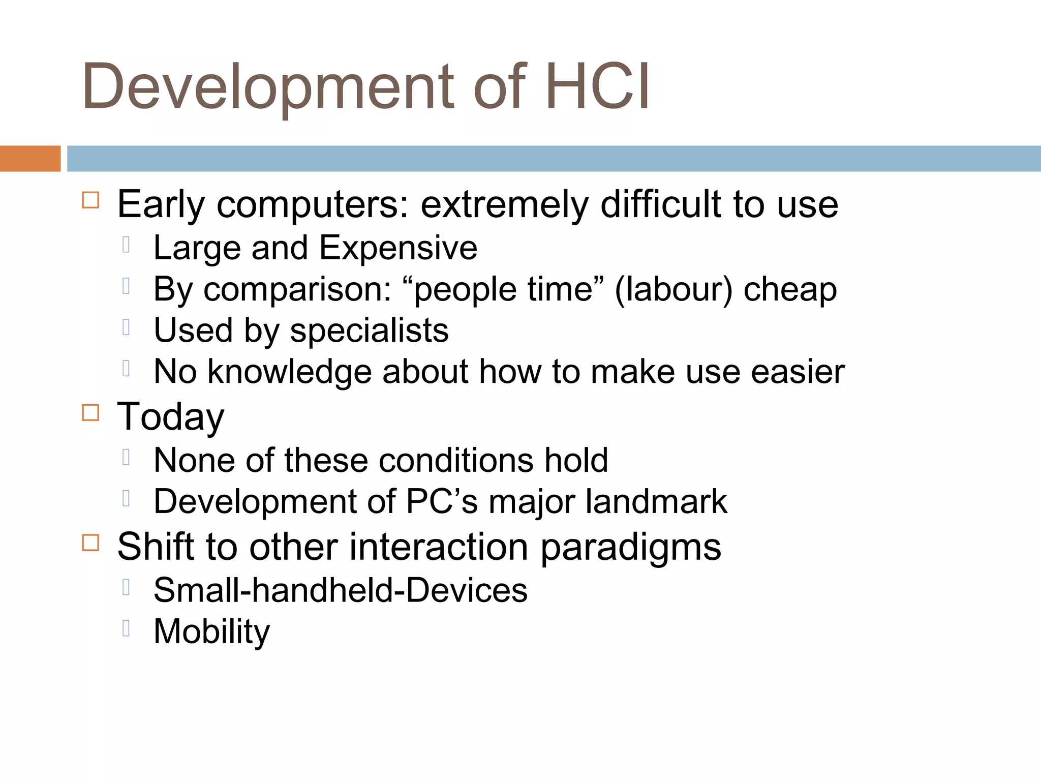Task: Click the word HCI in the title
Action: tap(597, 86)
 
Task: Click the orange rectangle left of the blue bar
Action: tap(30, 159)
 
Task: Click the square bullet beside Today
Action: tap(90, 412)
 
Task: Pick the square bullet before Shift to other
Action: tap(90, 543)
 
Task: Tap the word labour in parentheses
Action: tap(673, 289)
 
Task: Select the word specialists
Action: tap(369, 331)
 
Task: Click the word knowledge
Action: tap(290, 372)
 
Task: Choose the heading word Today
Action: tap(170, 417)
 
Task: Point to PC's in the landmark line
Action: tap(442, 501)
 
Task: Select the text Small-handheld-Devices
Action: tap(340, 590)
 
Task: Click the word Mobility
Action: tap(211, 632)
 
